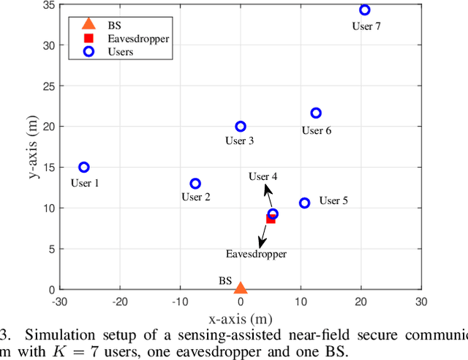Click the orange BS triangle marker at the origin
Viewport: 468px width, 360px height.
240,288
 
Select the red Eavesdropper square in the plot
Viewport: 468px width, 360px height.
271,219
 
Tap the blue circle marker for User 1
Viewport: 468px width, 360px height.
84,168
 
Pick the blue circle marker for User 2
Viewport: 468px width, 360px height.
195,184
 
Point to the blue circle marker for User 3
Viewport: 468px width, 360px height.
241,127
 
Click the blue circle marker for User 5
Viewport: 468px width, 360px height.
304,203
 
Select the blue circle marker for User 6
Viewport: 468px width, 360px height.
316,113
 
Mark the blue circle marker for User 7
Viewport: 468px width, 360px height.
365,10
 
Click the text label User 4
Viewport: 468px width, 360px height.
263,176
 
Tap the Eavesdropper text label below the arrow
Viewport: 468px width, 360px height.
256,254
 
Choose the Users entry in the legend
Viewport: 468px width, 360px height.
119,52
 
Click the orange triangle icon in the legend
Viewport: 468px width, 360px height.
88,23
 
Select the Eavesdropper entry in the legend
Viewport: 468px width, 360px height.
137,37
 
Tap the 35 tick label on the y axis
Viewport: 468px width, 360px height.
46,4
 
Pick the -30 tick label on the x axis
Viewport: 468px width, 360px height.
60,301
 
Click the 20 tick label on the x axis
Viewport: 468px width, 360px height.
361,301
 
